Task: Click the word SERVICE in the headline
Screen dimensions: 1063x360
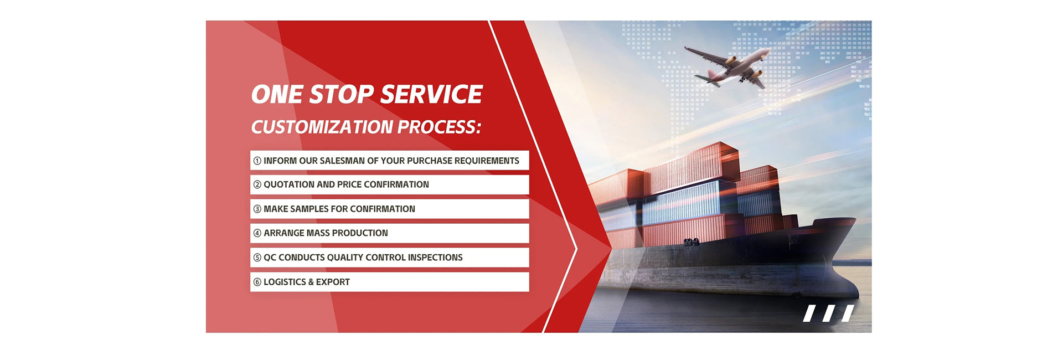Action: pyautogui.click(x=431, y=95)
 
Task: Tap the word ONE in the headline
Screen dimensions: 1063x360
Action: pyautogui.click(x=277, y=95)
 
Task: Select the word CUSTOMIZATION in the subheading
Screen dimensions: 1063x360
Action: pyautogui.click(x=322, y=127)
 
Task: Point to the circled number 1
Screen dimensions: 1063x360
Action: pyautogui.click(x=257, y=161)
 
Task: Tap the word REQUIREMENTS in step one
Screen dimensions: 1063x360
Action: pyautogui.click(x=487, y=161)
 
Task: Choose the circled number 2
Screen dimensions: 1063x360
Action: pyautogui.click(x=257, y=184)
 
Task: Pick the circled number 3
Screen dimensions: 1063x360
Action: pyautogui.click(x=257, y=209)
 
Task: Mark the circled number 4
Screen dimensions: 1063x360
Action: pyautogui.click(x=257, y=233)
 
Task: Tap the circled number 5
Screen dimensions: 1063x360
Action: pyautogui.click(x=257, y=258)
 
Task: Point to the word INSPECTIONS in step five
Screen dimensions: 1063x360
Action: pyautogui.click(x=435, y=258)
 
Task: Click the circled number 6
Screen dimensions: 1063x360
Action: pyautogui.click(x=257, y=282)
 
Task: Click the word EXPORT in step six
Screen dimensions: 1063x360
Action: pyautogui.click(x=333, y=282)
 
